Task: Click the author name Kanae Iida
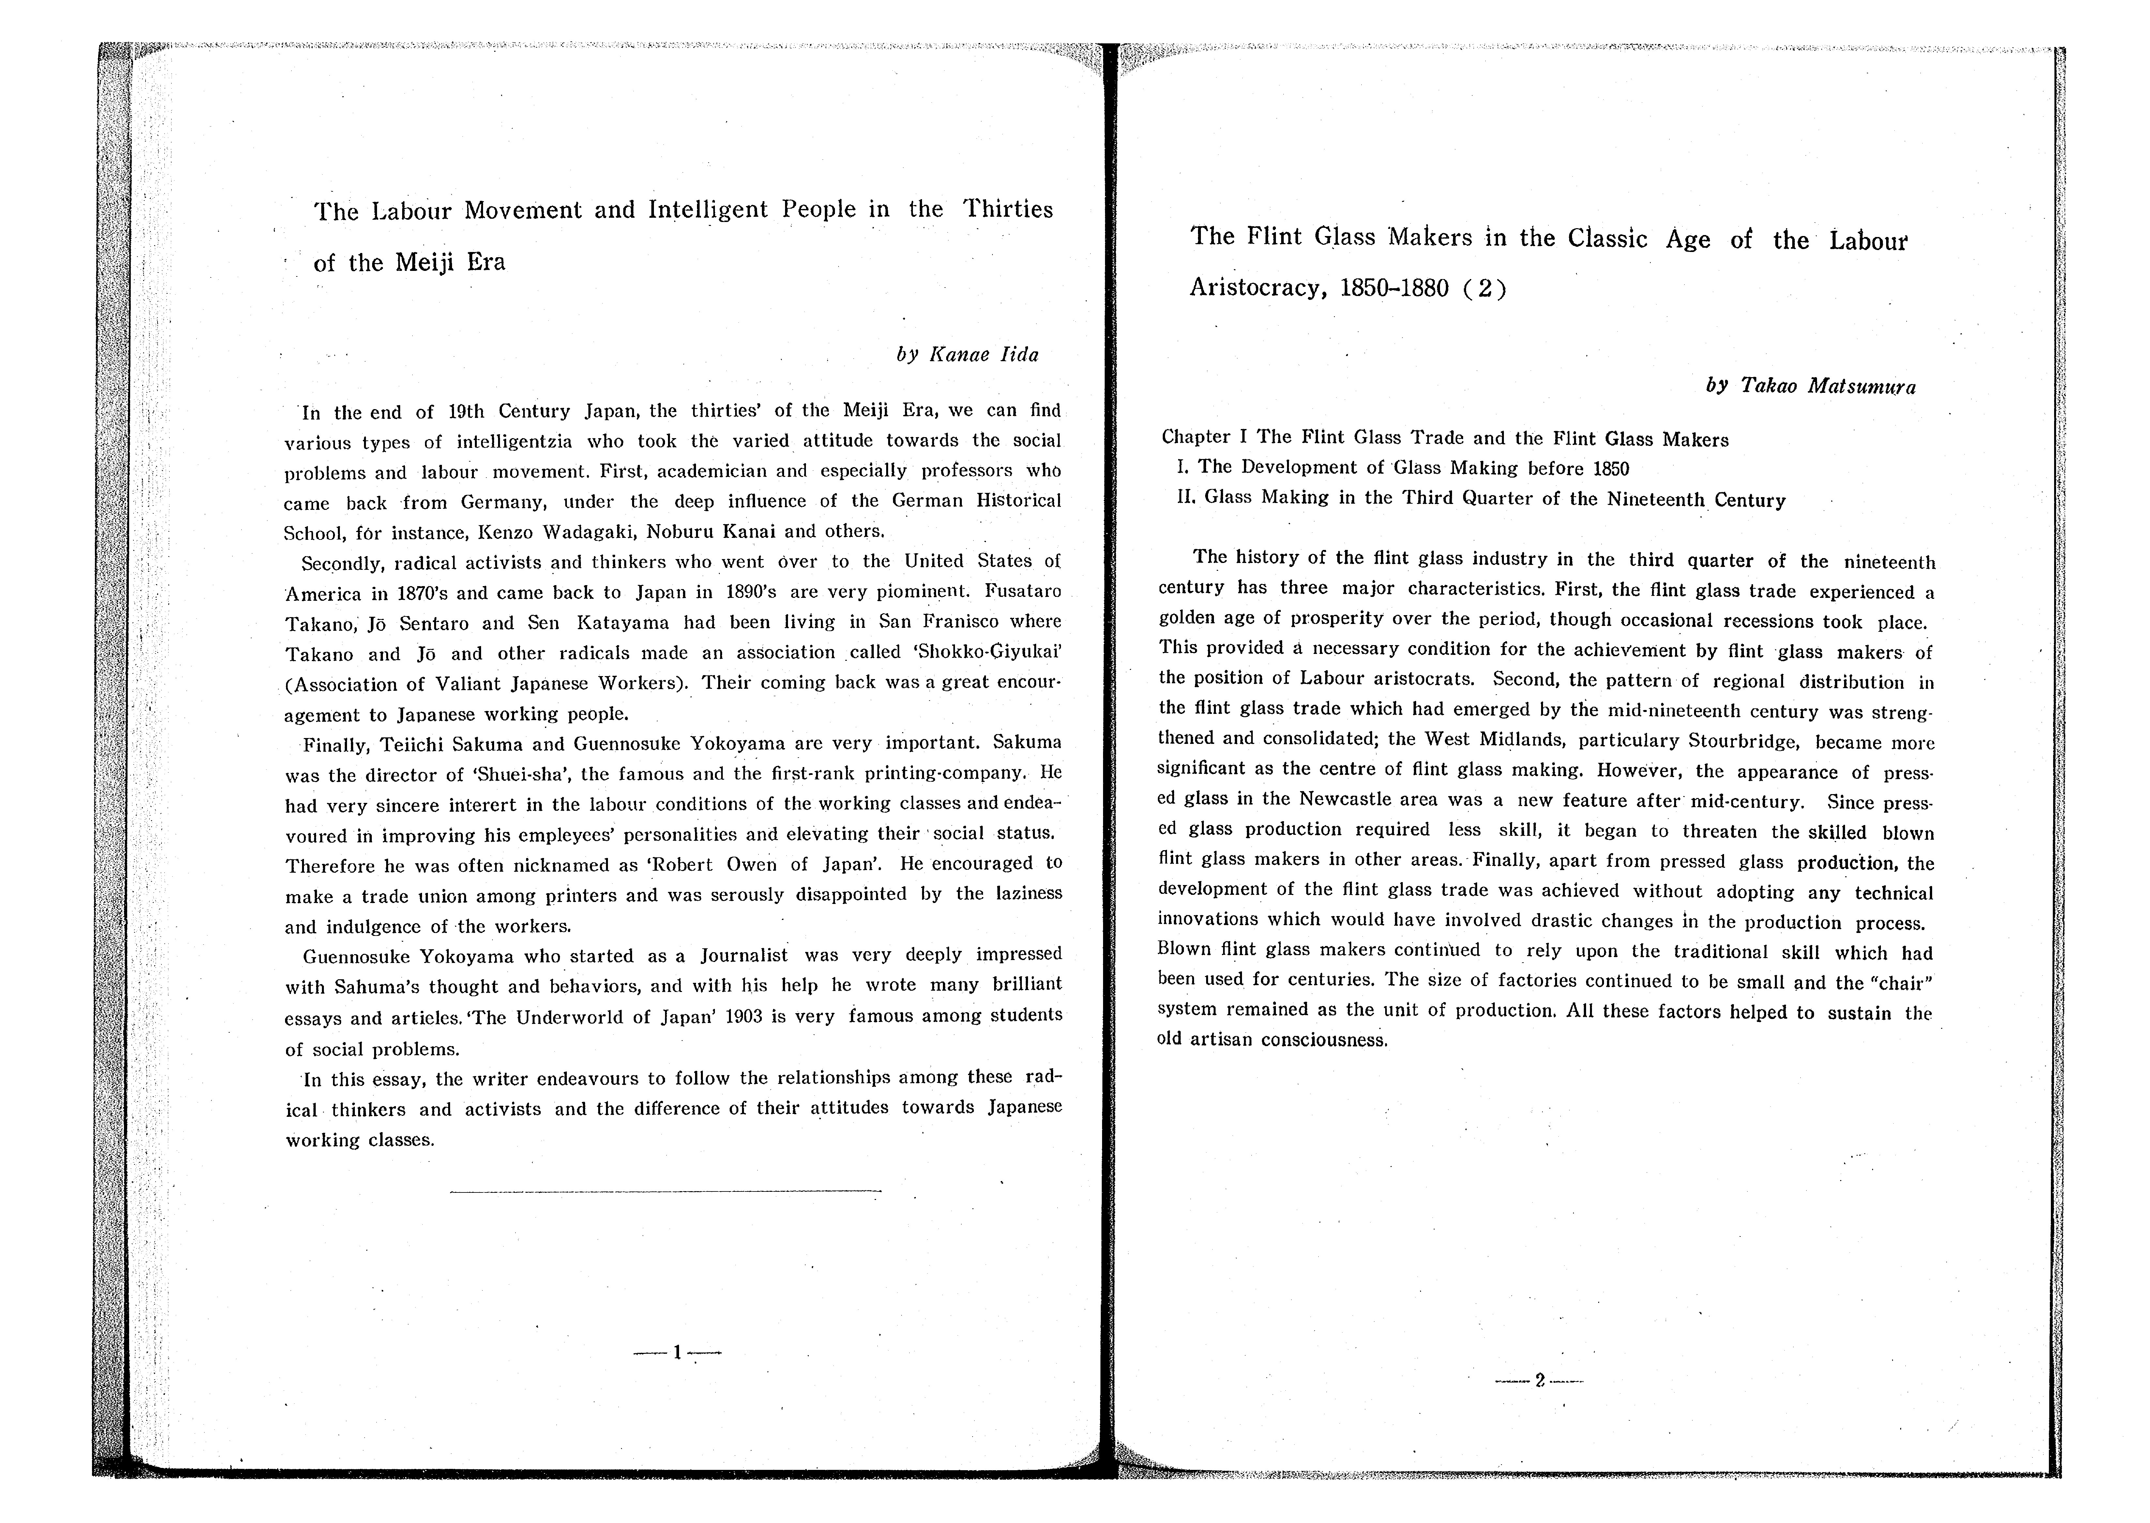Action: pyautogui.click(x=983, y=354)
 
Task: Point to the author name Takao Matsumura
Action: pyautogui.click(x=1827, y=386)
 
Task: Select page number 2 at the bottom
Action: pyautogui.click(x=1539, y=1381)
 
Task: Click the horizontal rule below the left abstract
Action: pyautogui.click(x=666, y=1191)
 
